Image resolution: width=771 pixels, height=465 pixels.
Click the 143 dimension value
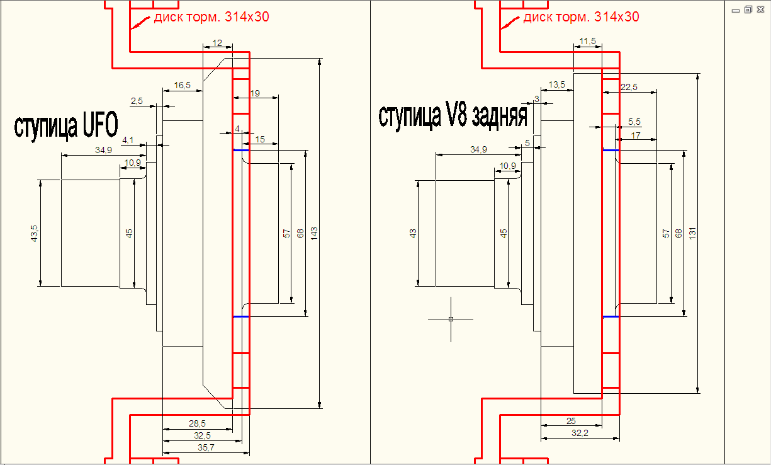point(314,233)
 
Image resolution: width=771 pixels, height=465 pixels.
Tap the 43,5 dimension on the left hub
point(35,233)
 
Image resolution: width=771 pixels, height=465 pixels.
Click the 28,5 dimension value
point(198,423)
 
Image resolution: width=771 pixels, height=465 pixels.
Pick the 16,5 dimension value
point(183,84)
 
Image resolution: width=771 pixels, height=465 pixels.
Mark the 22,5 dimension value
point(629,87)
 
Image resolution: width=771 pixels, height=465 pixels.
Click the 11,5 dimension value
point(588,41)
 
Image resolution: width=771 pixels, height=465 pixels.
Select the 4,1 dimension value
point(128,140)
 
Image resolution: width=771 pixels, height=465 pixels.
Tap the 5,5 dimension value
point(634,121)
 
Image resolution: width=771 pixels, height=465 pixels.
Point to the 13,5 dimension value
point(557,84)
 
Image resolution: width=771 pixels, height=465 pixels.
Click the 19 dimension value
point(255,93)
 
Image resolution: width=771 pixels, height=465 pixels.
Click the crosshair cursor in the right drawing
point(451,319)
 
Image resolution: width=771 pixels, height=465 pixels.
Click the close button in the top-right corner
point(761,9)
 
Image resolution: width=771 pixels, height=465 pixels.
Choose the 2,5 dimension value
point(137,101)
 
